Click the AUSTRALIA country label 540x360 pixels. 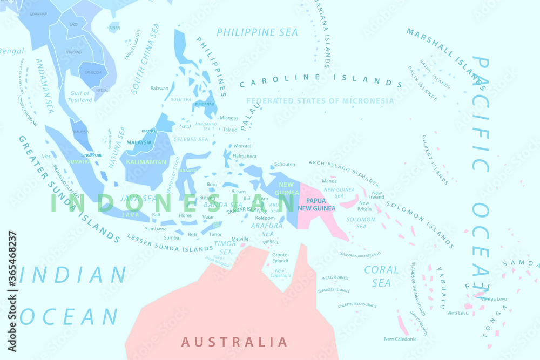tap(234, 342)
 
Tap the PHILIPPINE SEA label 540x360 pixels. tap(257, 32)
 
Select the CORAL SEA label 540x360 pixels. tap(381, 276)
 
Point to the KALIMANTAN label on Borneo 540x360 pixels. tap(146, 162)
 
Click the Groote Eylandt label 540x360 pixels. tap(280, 257)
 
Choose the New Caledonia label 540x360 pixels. tap(400, 339)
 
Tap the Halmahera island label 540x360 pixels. tap(244, 156)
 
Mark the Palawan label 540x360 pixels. tap(159, 88)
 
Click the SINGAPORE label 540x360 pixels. tap(91, 155)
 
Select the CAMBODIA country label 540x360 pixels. tap(93, 72)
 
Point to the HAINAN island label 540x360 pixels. tap(113, 28)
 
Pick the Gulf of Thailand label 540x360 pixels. tap(80, 97)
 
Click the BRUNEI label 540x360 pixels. tap(148, 131)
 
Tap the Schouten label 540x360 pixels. tap(285, 164)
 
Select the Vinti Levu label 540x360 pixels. tap(458, 313)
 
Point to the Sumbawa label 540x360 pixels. tap(156, 229)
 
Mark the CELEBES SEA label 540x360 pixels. tap(191, 139)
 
